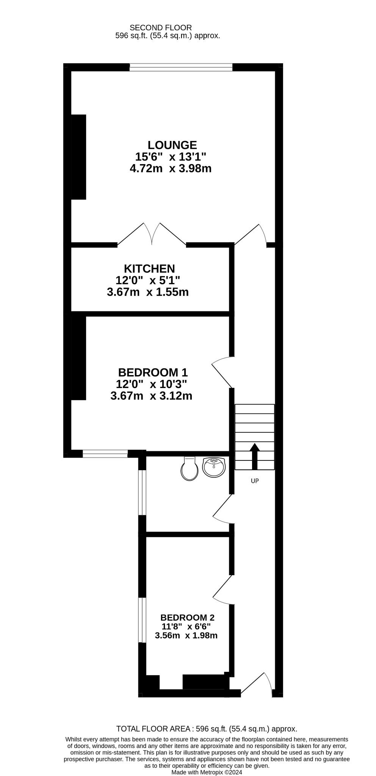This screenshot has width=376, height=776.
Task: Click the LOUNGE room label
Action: point(172,145)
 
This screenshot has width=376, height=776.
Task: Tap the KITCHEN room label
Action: point(149,269)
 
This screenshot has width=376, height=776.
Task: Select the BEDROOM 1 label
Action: point(153,372)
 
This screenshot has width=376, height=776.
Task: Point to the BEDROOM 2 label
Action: point(187,618)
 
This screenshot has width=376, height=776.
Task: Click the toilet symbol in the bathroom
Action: point(190,469)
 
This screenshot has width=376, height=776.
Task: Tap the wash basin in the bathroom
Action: point(214,467)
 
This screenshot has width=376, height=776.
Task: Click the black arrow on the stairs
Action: point(255,456)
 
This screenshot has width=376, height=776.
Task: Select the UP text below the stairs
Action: point(255,481)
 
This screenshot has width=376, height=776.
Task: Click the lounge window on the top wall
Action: point(181,67)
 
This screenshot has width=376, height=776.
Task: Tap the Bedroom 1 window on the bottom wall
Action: point(105,454)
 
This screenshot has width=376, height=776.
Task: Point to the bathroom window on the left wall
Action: point(142,493)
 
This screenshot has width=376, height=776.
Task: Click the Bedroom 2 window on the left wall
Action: point(142,620)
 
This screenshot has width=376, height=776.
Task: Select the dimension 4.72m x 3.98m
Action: point(171,168)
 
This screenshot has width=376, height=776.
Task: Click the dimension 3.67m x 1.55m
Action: point(148,292)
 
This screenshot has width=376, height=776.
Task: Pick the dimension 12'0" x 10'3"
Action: point(151,384)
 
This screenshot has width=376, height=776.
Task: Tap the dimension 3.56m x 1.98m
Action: point(186,635)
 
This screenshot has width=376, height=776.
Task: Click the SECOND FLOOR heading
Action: point(161,28)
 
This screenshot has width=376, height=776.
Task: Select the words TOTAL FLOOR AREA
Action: point(153,729)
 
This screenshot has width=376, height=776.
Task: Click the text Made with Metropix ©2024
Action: point(207,772)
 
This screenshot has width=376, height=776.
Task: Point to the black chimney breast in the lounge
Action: point(78,157)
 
